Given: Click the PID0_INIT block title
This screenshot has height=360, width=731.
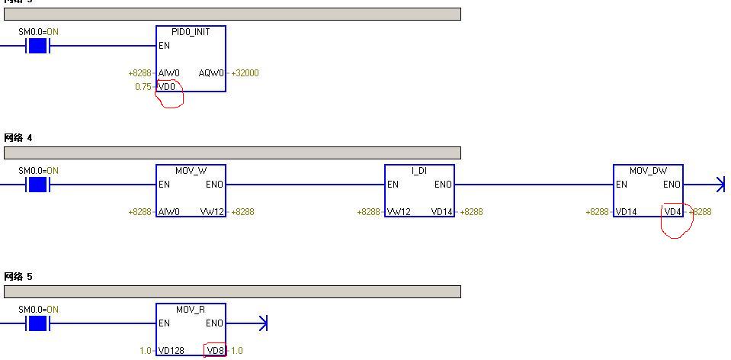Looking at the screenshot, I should (191, 32).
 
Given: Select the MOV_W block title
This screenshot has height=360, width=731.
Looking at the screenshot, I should (191, 171).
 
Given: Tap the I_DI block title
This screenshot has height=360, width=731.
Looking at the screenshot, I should (419, 171).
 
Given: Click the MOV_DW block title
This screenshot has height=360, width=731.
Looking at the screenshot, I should (648, 171).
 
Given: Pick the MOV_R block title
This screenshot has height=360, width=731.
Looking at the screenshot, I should (191, 310).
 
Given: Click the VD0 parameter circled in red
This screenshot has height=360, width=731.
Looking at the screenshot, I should (167, 87).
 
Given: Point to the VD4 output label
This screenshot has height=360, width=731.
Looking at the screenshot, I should (672, 212).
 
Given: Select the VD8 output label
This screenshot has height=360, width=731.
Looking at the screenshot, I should (216, 351).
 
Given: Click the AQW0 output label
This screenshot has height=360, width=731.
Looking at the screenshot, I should (211, 73).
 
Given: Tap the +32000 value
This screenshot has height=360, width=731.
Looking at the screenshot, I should (245, 73).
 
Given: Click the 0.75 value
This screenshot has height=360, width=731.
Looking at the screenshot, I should (143, 87).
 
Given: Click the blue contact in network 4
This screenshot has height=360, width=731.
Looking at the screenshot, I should (37, 185).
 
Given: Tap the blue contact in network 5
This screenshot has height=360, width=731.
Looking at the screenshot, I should (37, 323).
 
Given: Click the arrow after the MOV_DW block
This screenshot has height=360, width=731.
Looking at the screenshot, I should (719, 185).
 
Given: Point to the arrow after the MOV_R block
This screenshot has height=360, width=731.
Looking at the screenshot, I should (261, 323).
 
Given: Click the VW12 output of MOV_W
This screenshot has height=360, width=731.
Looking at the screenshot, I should (212, 212).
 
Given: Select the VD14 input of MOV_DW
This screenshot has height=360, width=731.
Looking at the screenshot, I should (627, 212).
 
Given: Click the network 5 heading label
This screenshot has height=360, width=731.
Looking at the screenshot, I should (18, 277).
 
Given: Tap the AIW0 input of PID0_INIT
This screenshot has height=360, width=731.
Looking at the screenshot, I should (169, 73).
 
